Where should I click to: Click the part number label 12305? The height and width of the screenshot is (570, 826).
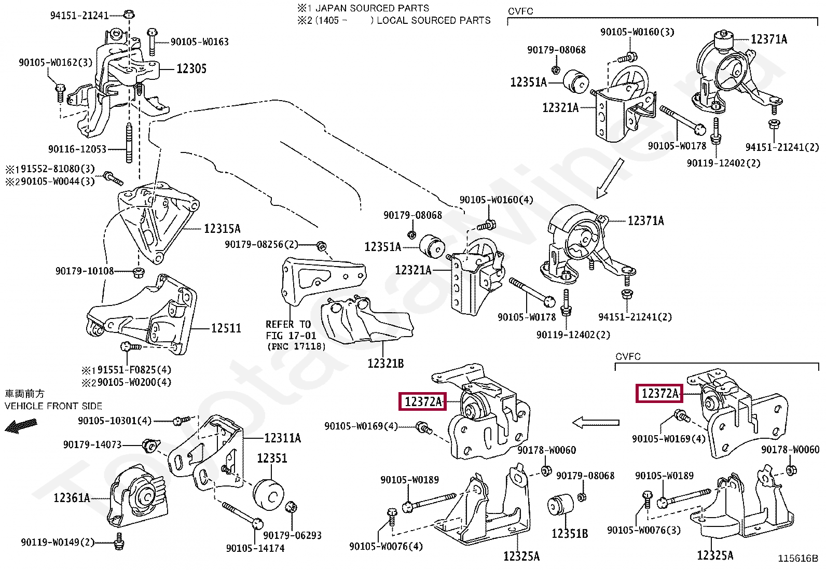[191, 68]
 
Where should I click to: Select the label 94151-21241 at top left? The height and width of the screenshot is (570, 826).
[79, 16]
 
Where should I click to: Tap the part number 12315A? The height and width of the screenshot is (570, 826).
[222, 229]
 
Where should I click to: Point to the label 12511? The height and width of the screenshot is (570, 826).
[226, 328]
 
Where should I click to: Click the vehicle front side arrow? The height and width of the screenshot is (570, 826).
[21, 426]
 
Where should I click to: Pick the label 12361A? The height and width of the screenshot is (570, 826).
[72, 498]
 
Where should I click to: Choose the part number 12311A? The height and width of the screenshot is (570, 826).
[282, 438]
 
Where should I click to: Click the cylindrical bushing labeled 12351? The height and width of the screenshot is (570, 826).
[269, 495]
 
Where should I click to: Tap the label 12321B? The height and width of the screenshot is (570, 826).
[385, 364]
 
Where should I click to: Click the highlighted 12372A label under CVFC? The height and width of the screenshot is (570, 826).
[659, 394]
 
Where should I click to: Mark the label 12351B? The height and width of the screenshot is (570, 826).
[569, 534]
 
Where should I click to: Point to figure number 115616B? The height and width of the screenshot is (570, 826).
[797, 559]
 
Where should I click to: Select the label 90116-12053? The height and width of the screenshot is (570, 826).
[77, 149]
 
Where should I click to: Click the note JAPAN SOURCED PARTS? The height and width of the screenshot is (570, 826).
[372, 8]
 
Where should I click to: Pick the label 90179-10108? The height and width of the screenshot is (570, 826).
[85, 271]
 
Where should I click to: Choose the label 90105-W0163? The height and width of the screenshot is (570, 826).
[199, 42]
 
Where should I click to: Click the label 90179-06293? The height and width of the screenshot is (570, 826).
[292, 535]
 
